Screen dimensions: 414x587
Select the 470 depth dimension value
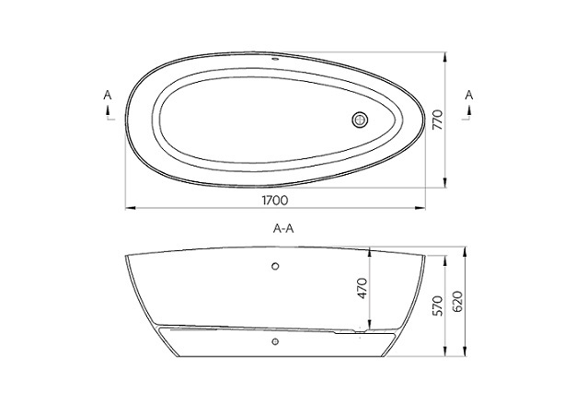click(363, 289)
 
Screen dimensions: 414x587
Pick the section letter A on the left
click(108, 94)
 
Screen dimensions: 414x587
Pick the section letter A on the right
click(470, 94)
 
